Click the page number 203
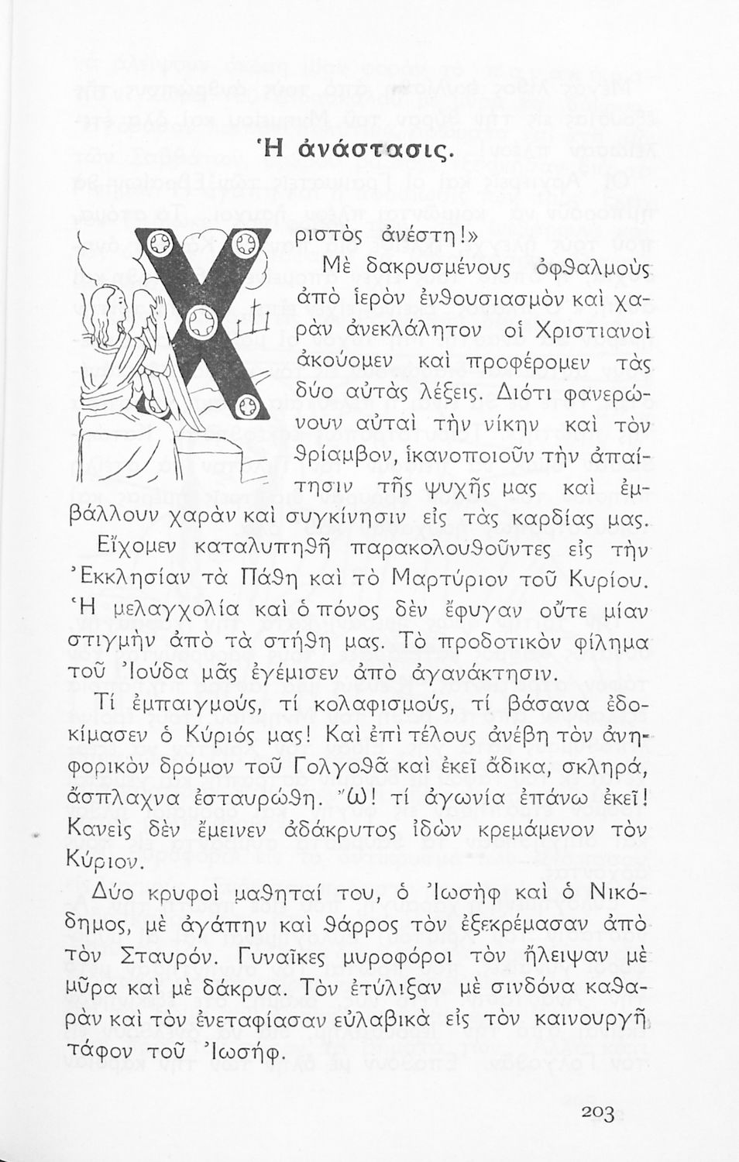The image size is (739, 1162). pos(596,1114)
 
